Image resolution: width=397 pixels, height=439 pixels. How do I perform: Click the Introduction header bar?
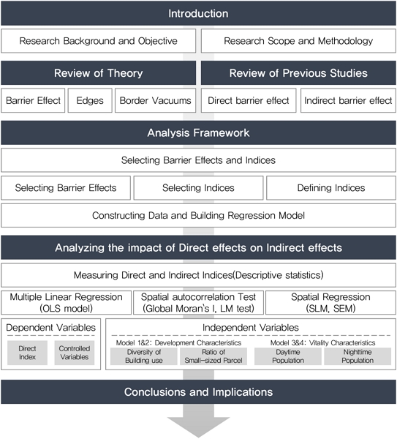coord(198,13)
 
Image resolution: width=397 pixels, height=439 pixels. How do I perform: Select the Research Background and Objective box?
coord(98,41)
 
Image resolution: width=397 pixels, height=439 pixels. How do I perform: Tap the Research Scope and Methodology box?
coord(298,41)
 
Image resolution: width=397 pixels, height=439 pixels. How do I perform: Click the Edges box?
coord(90,100)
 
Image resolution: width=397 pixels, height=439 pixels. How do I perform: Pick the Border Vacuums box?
coord(155,100)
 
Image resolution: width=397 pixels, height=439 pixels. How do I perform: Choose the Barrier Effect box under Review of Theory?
coord(33,100)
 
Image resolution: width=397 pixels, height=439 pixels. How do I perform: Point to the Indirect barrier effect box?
coord(348,100)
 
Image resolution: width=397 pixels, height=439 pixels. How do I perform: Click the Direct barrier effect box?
coord(249,100)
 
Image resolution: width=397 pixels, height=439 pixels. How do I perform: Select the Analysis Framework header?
coord(198,132)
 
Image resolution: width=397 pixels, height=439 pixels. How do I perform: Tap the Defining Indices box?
coord(331,188)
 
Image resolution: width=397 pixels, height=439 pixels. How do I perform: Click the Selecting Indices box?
coord(198,188)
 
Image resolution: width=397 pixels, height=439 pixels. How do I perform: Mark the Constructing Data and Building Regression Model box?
coord(198,215)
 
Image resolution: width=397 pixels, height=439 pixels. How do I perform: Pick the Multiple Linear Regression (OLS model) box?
coord(66,303)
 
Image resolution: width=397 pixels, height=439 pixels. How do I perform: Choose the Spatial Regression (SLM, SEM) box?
coord(330,303)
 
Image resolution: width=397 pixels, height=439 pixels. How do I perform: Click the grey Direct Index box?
coord(28,353)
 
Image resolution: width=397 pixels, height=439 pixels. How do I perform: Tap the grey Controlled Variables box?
coord(75,353)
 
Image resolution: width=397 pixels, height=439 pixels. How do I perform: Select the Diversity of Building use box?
coord(144,356)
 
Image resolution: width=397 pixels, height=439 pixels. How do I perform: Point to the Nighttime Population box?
coord(358,356)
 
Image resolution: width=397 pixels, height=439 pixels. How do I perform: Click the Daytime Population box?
coord(288,356)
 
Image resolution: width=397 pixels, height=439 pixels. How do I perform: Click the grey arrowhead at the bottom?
coord(198,426)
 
